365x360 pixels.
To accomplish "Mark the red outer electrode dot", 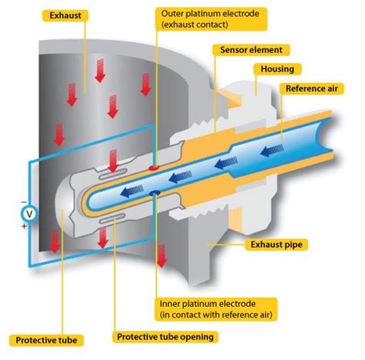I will coord(153,165).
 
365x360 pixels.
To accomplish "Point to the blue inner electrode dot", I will coord(156,192).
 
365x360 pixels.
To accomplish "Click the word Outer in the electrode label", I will coord(174,14).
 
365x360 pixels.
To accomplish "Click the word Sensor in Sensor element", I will coord(233,49).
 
